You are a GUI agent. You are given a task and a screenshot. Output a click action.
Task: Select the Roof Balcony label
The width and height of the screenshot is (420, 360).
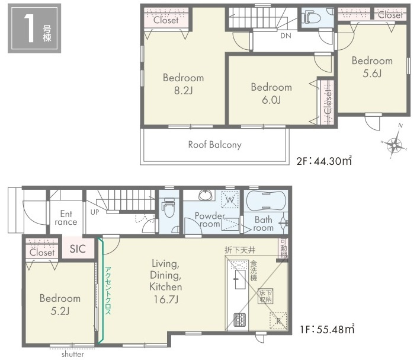[x=215, y=145]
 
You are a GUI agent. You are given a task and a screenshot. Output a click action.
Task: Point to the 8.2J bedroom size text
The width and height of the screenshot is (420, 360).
[x=184, y=91]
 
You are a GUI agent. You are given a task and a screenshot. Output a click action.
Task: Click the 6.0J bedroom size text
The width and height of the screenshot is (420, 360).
[x=271, y=100]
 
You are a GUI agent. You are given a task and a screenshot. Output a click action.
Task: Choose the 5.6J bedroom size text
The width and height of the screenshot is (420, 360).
[x=372, y=73]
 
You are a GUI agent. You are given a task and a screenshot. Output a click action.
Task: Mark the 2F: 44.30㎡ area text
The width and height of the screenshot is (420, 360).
[x=324, y=161]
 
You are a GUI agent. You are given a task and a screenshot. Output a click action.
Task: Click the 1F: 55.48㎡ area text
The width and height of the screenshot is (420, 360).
[x=327, y=329]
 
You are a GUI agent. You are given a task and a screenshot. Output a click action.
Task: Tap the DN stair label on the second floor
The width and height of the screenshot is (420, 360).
[x=286, y=36]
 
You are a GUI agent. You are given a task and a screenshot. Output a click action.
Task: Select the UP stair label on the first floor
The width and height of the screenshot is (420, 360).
[x=95, y=212]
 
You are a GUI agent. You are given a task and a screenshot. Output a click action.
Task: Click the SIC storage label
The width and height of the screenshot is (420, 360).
[x=78, y=249]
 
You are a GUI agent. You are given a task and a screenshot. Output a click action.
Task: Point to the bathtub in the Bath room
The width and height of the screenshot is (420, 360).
[x=266, y=201]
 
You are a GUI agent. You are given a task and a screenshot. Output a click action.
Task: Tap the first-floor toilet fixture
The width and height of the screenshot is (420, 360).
[x=169, y=207]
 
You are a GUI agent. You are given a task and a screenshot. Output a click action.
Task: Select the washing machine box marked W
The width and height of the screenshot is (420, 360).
[x=230, y=200]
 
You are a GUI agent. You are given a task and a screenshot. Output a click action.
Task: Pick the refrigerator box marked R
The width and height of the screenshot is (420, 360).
[x=278, y=321]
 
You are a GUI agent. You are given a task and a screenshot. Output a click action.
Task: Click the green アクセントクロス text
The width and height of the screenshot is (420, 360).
[x=108, y=290]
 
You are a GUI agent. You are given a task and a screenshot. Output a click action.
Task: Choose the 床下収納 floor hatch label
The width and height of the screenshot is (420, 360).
[x=265, y=296]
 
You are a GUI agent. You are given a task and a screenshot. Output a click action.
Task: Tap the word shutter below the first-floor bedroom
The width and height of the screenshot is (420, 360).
[x=73, y=355]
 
